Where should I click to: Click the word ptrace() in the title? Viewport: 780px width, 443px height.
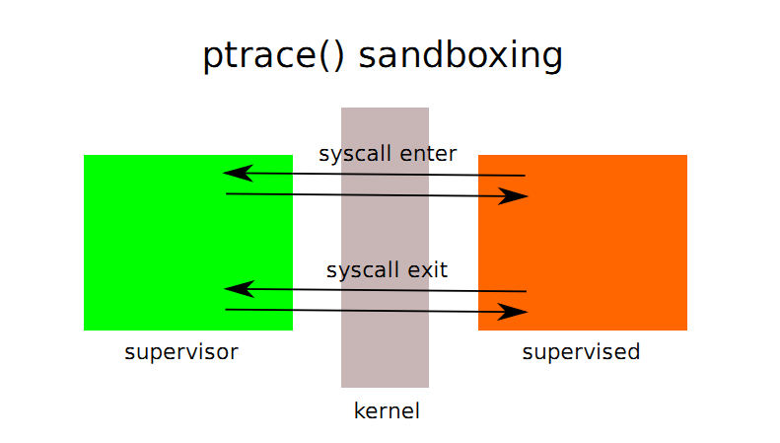click(273, 56)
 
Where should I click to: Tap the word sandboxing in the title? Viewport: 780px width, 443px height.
click(461, 56)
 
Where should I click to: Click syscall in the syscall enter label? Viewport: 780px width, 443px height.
click(355, 154)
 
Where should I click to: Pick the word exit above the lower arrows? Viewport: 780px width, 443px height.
click(428, 269)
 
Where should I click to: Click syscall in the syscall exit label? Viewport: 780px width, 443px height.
click(363, 270)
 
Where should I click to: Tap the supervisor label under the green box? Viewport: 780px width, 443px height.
click(181, 352)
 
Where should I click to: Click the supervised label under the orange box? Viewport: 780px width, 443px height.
click(581, 352)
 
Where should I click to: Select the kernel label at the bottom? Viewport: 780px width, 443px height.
click(387, 411)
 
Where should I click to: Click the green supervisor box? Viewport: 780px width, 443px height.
click(188, 243)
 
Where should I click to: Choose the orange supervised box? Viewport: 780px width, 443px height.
click(583, 243)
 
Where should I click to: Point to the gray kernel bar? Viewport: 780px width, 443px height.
click(385, 248)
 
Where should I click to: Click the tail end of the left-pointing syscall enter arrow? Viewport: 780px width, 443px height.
click(526, 176)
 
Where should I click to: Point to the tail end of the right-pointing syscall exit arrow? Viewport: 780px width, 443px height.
click(226, 310)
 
